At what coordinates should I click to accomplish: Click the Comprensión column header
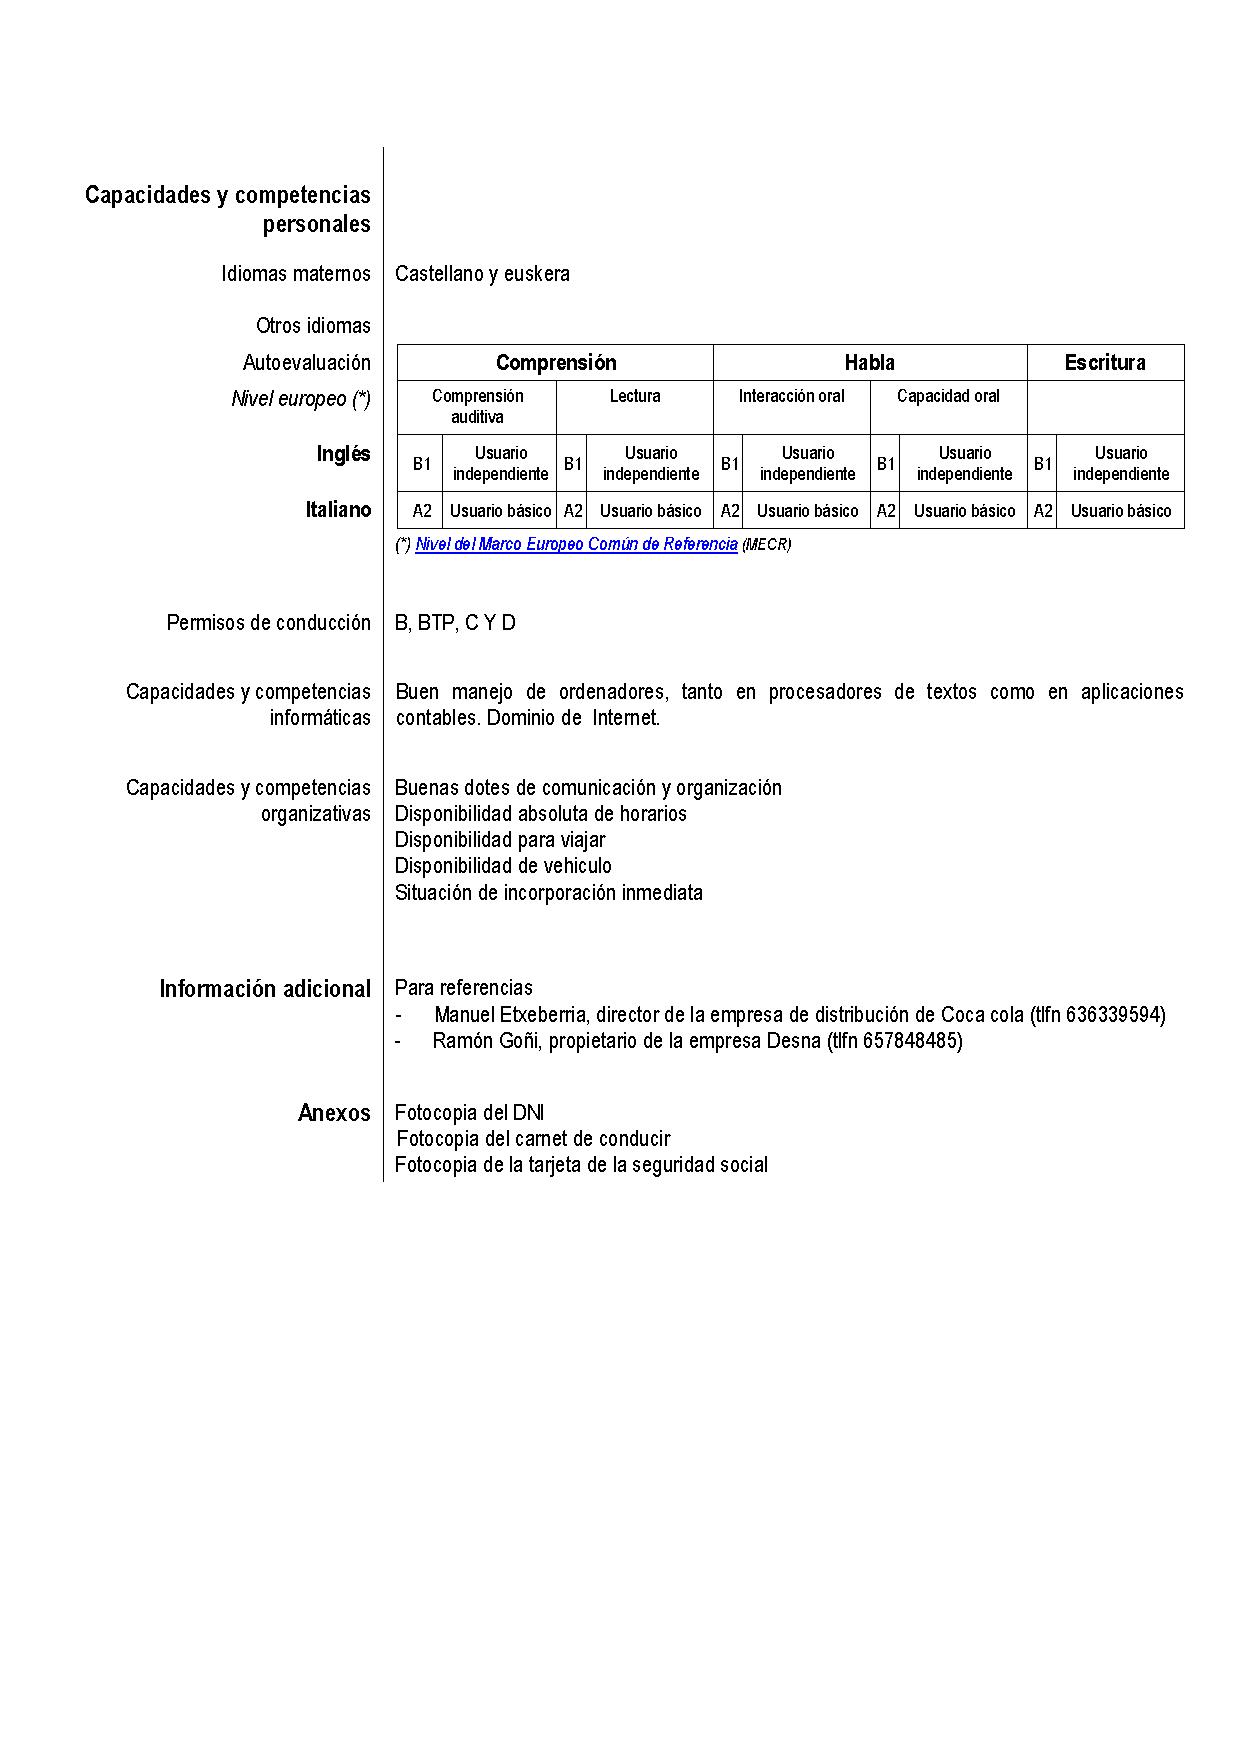coord(556,363)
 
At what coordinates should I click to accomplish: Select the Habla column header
coord(869,363)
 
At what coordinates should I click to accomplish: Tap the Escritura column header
coord(1105,363)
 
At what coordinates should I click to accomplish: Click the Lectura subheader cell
coord(635,397)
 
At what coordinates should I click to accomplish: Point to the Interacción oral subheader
coord(791,397)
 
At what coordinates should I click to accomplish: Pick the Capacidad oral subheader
coord(948,397)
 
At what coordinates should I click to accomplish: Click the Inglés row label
coord(343,454)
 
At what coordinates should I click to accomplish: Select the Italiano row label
coord(338,510)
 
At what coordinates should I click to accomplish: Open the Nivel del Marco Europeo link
coord(576,545)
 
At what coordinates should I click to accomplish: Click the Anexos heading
coord(334,1113)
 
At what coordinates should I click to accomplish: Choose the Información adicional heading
coord(265,989)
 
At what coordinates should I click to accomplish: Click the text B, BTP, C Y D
coord(455,623)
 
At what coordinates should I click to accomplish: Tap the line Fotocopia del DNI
coord(469,1113)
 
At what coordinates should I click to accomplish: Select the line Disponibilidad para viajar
coord(500,840)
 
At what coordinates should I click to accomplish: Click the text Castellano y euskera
coord(482,274)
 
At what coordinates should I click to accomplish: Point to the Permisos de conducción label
coord(268,623)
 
